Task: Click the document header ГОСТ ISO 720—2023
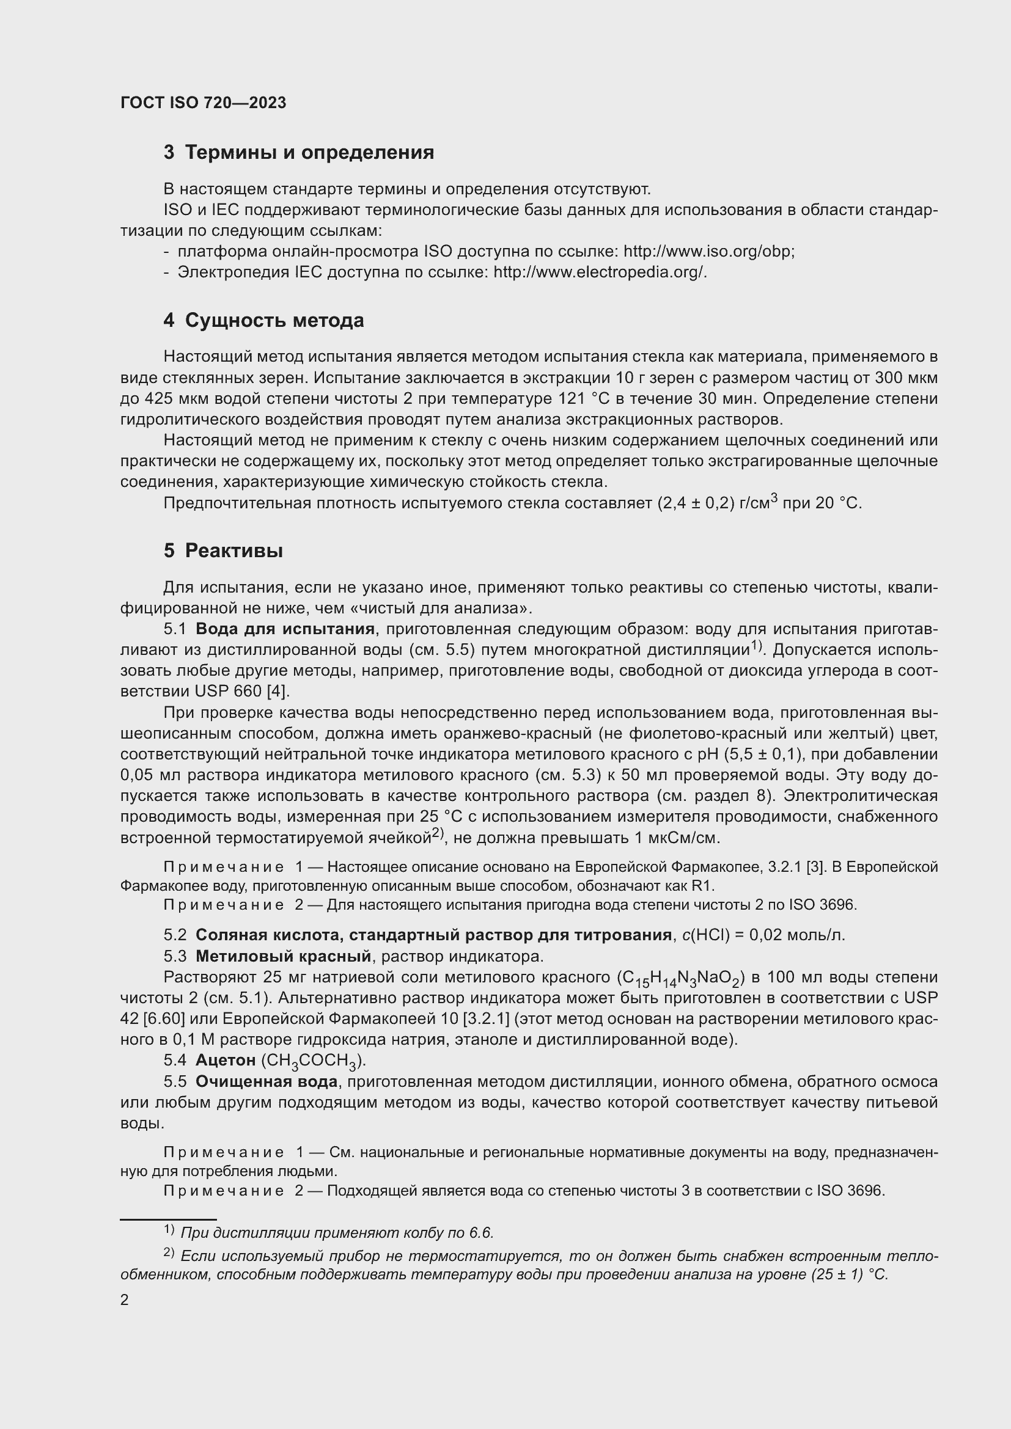[203, 103]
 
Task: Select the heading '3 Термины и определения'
[298, 153]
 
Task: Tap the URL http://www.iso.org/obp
[708, 252]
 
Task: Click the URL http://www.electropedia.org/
[600, 272]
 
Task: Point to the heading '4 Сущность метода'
[263, 321]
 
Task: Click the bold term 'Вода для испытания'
[284, 629]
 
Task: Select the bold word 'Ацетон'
[226, 1060]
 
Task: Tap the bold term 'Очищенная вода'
[267, 1082]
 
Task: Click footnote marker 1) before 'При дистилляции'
[169, 1229]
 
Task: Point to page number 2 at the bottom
[125, 1299]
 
